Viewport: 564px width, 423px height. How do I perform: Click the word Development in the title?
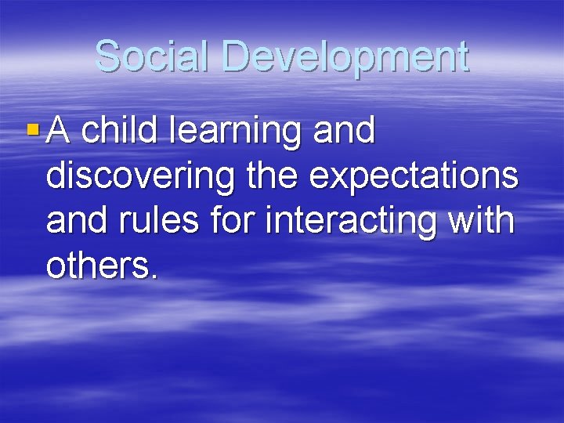pyautogui.click(x=345, y=58)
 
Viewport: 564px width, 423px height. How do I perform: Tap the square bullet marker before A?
pyautogui.click(x=31, y=127)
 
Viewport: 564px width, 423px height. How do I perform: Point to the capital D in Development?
pyautogui.click(x=236, y=56)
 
